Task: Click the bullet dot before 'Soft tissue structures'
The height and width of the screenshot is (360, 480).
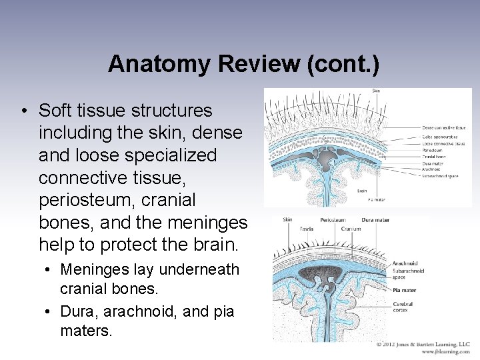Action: click(25, 110)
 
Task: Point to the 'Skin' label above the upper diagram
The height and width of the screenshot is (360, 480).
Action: click(377, 91)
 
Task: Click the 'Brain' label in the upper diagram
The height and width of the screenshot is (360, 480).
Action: click(362, 190)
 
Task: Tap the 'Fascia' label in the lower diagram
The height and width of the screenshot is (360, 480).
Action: click(288, 229)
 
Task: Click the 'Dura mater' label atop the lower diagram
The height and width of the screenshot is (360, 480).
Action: click(376, 219)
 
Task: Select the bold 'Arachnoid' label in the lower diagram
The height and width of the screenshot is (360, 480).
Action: click(405, 263)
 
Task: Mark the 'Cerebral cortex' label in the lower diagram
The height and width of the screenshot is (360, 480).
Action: click(403, 307)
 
